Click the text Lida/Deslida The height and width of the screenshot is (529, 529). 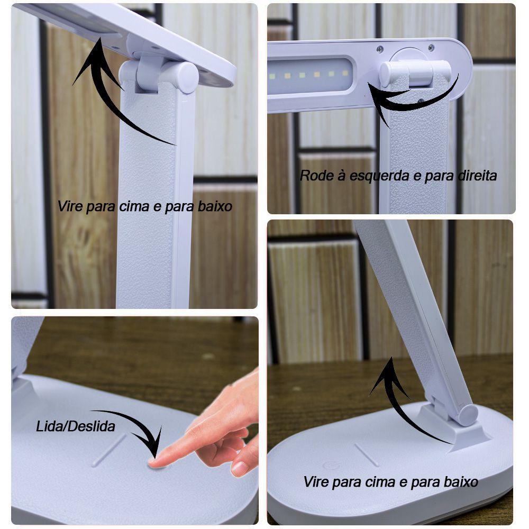75,426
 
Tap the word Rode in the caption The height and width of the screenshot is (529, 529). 313,176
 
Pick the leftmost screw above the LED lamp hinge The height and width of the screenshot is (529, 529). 380,49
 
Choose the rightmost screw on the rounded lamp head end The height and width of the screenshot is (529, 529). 431,48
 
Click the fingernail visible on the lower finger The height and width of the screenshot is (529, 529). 240,468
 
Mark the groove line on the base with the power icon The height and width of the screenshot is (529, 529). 366,455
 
